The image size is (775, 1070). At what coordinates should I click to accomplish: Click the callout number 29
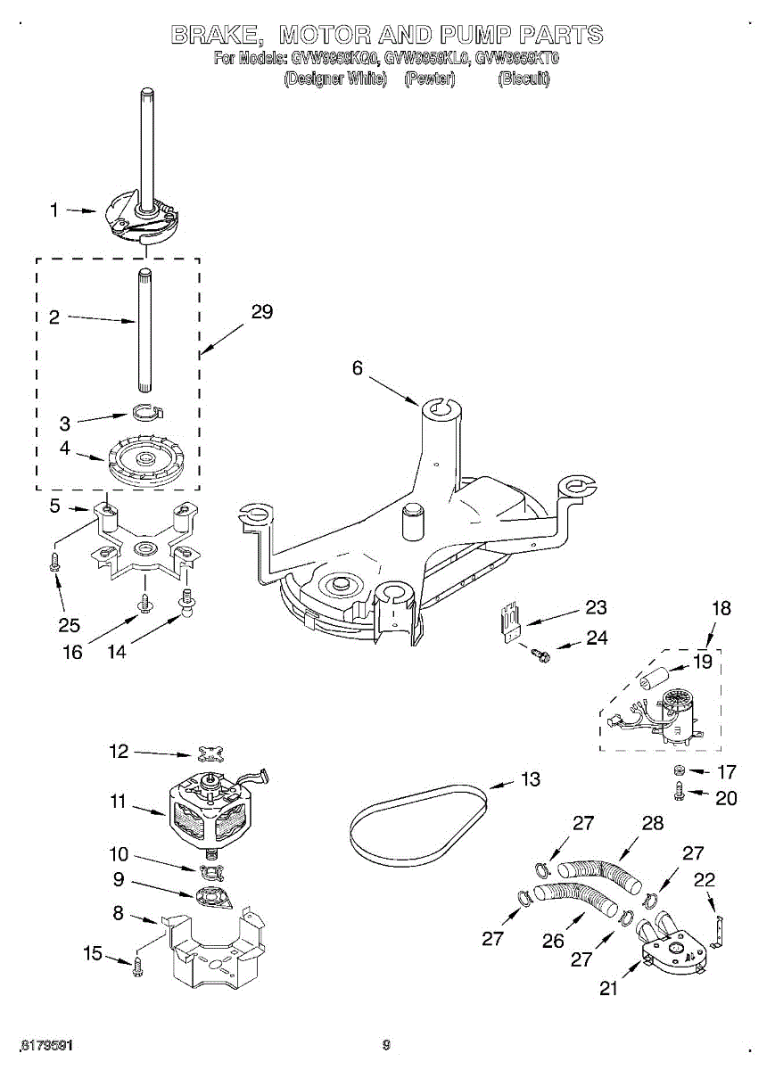click(x=261, y=312)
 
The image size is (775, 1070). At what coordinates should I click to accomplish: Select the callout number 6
click(x=358, y=367)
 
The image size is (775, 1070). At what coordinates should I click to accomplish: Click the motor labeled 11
click(x=210, y=811)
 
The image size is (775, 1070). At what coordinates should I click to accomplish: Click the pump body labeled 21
click(x=676, y=951)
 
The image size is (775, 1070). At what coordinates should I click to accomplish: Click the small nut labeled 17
click(x=678, y=770)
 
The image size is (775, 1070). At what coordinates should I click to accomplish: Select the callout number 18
click(x=721, y=609)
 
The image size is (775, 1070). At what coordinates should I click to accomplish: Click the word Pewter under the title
click(x=430, y=78)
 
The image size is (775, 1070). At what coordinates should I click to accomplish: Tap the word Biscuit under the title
click(x=524, y=78)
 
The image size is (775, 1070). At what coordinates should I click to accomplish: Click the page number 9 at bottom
click(x=386, y=1045)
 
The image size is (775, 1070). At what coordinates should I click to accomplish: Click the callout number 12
click(x=120, y=752)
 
